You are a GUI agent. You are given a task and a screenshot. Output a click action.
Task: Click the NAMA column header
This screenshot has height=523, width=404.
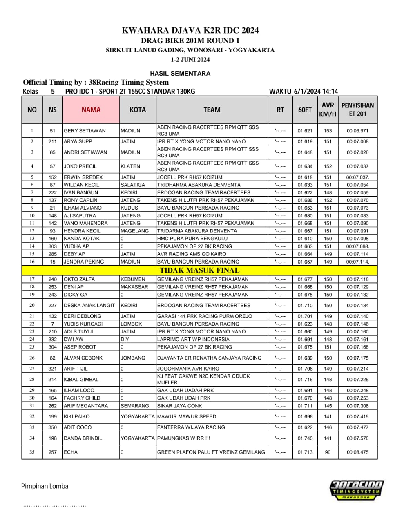click(x=91, y=110)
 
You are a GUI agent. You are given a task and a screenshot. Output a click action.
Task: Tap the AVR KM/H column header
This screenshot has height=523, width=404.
click(x=328, y=110)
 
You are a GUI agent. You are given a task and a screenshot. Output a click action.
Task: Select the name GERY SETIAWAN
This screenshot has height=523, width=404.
click(x=85, y=131)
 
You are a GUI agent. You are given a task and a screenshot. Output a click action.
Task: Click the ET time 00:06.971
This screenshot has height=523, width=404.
click(x=357, y=131)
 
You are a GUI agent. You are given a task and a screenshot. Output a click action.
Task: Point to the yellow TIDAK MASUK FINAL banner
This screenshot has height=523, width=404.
click(x=199, y=270)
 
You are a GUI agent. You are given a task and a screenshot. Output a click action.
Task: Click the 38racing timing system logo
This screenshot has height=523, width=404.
click(x=357, y=489)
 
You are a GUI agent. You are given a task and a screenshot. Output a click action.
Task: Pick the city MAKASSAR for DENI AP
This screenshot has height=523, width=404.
click(x=134, y=287)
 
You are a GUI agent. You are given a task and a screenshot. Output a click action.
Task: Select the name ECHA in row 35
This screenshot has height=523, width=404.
click(x=71, y=452)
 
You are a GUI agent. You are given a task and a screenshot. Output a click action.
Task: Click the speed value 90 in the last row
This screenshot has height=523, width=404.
click(x=328, y=452)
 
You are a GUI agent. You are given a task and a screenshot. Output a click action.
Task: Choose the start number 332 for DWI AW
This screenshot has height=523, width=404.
click(x=53, y=339)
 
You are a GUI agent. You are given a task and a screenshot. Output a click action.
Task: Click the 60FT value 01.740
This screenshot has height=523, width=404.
click(x=305, y=438)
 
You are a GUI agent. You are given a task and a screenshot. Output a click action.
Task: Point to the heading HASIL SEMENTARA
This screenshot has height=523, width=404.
click(x=180, y=74)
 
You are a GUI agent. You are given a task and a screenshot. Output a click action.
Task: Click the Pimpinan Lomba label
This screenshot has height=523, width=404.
click(x=45, y=486)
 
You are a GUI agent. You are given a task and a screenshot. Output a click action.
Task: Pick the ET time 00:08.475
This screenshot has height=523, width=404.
click(x=357, y=452)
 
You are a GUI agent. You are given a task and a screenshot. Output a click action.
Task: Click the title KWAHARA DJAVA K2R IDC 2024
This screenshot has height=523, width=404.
click(x=190, y=30)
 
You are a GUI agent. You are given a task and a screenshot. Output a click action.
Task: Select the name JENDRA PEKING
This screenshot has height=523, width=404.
click(x=84, y=261)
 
